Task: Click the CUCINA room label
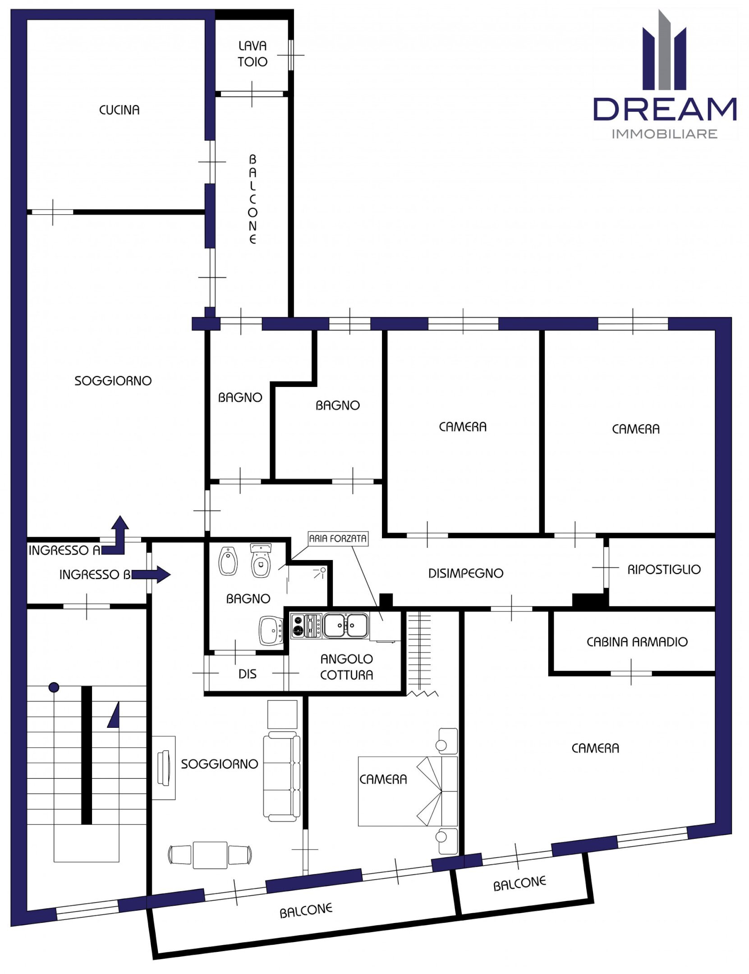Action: point(119,110)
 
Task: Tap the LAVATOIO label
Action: point(252,54)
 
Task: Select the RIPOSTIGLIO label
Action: point(664,569)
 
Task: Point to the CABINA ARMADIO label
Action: point(637,642)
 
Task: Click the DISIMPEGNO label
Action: point(465,573)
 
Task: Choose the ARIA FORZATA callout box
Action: point(338,538)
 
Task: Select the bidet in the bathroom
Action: point(228,562)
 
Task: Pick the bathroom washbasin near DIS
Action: point(271,630)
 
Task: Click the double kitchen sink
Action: point(345,625)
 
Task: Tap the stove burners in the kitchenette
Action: point(298,625)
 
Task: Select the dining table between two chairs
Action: point(210,855)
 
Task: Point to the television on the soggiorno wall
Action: point(163,768)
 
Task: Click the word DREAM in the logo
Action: point(664,109)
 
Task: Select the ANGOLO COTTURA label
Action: point(346,666)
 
